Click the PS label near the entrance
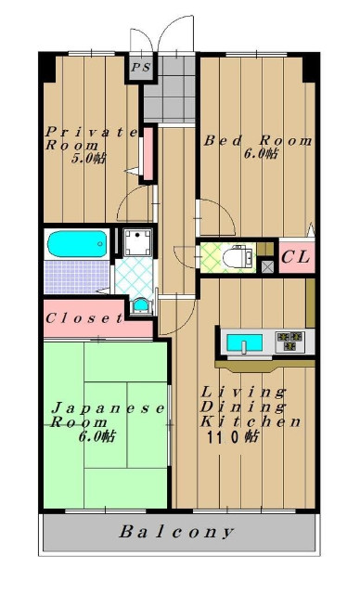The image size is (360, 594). point(141,68)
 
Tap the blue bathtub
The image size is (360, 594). point(76,243)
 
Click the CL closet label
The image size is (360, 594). point(296,258)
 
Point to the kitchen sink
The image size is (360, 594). point(244,343)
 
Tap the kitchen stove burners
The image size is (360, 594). point(290,342)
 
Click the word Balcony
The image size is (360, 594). point(177,532)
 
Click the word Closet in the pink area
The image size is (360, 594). point(84,318)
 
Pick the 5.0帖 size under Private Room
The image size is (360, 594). point(88,159)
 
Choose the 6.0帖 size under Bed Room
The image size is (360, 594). point(261,153)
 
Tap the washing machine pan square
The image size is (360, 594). point(137,242)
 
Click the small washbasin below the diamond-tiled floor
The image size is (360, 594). point(141,305)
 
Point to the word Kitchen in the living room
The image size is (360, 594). point(251,421)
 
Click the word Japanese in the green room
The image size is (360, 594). point(109,408)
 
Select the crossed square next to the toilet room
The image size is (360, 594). point(267,267)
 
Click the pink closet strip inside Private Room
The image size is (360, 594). point(148,153)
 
